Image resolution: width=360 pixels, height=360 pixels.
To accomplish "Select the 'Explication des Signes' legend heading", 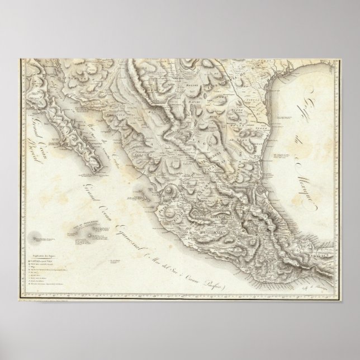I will pyautogui.click(x=48, y=245).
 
